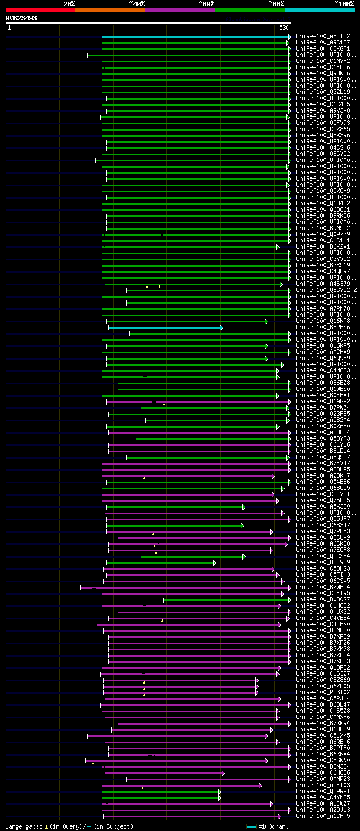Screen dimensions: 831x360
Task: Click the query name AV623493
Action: click(x=21, y=18)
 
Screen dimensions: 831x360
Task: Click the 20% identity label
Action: click(x=69, y=4)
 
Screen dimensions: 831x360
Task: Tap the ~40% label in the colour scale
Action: click(x=137, y=4)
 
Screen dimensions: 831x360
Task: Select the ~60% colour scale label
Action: click(x=206, y=4)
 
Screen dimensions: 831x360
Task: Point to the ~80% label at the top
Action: click(x=276, y=4)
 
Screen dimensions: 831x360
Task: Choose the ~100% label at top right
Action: click(x=344, y=4)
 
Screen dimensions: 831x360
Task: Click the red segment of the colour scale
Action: click(x=40, y=10)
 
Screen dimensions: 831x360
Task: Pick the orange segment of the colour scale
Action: click(x=110, y=10)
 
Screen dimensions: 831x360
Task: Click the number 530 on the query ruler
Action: click(x=284, y=28)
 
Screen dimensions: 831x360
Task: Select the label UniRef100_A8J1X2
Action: click(x=323, y=36)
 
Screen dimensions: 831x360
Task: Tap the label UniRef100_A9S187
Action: click(x=323, y=42)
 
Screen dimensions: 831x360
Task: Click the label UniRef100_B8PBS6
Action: click(x=323, y=327)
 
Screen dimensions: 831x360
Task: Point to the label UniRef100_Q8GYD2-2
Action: click(x=326, y=290)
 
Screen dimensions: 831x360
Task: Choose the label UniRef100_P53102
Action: click(x=323, y=692)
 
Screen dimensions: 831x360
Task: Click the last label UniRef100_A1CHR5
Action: click(x=323, y=816)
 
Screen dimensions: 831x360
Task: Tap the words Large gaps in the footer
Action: click(x=22, y=826)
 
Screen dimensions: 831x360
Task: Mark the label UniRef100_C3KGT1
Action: click(x=323, y=48)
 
